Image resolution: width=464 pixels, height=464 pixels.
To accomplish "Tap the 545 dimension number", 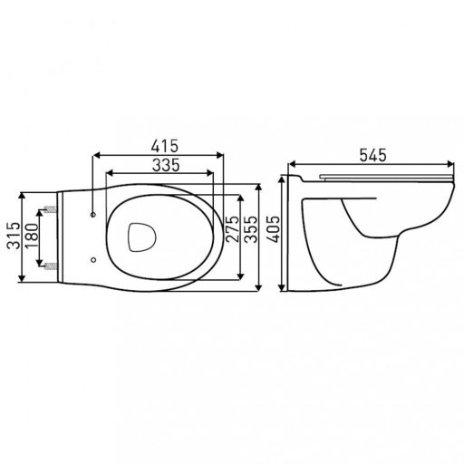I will click(369, 156).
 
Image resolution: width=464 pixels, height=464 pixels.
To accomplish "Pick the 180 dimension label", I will click(31, 239).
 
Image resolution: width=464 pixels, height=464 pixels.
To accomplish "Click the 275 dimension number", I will click(232, 236).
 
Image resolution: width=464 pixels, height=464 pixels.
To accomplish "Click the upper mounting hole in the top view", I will click(94, 215).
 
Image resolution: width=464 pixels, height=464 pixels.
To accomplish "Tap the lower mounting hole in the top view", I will click(94, 260).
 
